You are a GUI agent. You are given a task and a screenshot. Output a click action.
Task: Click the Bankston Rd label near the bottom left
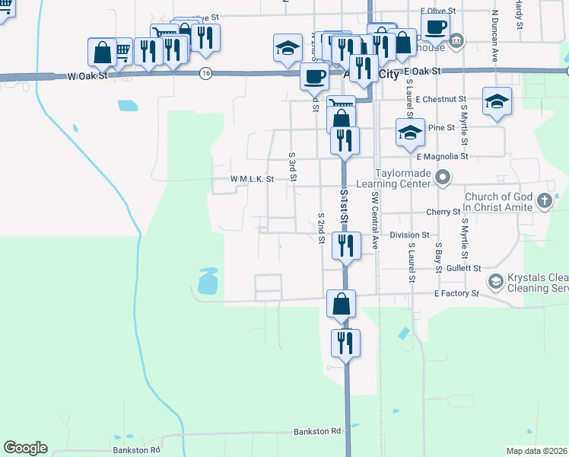tap(137, 449)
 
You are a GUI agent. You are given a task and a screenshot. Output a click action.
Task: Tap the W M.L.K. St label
tap(252, 180)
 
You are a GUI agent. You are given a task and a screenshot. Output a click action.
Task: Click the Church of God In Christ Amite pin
tap(544, 201)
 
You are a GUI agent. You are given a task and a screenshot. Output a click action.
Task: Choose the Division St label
tap(409, 235)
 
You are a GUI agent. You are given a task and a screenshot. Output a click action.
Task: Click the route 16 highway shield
tap(205, 73)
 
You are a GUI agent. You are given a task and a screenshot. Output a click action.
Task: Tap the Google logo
tap(25, 448)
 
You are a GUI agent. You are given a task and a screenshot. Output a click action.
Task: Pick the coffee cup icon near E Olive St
tap(436, 28)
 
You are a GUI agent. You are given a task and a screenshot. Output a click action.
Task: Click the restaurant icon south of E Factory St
tap(345, 343)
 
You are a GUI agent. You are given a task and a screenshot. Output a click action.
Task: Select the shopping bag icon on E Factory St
tap(342, 303)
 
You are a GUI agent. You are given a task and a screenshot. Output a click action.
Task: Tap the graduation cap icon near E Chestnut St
tap(497, 101)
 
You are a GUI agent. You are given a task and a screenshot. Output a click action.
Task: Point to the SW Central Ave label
tap(375, 221)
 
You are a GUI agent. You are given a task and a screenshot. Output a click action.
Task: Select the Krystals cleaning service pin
tap(495, 282)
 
